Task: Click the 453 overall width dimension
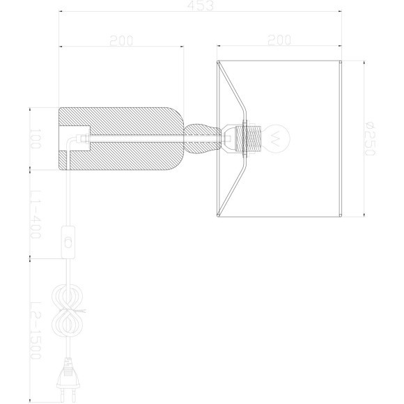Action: click(202, 6)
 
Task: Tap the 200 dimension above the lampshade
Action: click(278, 40)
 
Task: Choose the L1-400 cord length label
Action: click(36, 213)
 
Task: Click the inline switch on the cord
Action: click(69, 241)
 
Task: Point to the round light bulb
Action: click(277, 137)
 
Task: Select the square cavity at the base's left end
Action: click(82, 137)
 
